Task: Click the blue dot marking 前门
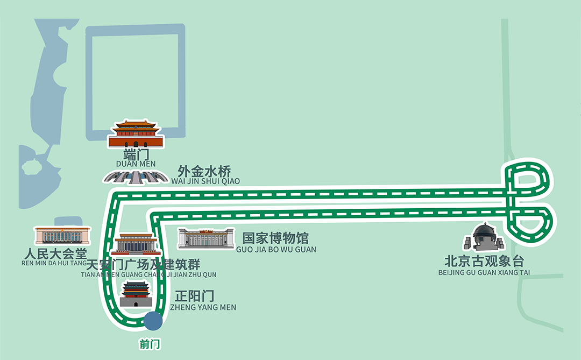pos(153,321)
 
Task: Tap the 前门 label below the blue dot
pos(150,344)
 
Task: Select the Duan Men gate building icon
pos(136,134)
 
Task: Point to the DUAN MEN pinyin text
pos(136,164)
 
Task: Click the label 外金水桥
pos(204,172)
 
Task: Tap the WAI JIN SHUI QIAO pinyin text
pos(206,182)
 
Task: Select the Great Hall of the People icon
pos(62,235)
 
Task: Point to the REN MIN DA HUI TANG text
pos(54,263)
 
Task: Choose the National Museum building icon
pos(207,238)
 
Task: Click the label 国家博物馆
pos(275,238)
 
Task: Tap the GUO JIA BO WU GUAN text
pos(276,250)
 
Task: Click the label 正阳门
pos(195,296)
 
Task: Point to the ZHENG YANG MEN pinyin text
pos(203,307)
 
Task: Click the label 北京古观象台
pos(484,262)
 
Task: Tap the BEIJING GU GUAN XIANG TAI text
pos(484,273)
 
